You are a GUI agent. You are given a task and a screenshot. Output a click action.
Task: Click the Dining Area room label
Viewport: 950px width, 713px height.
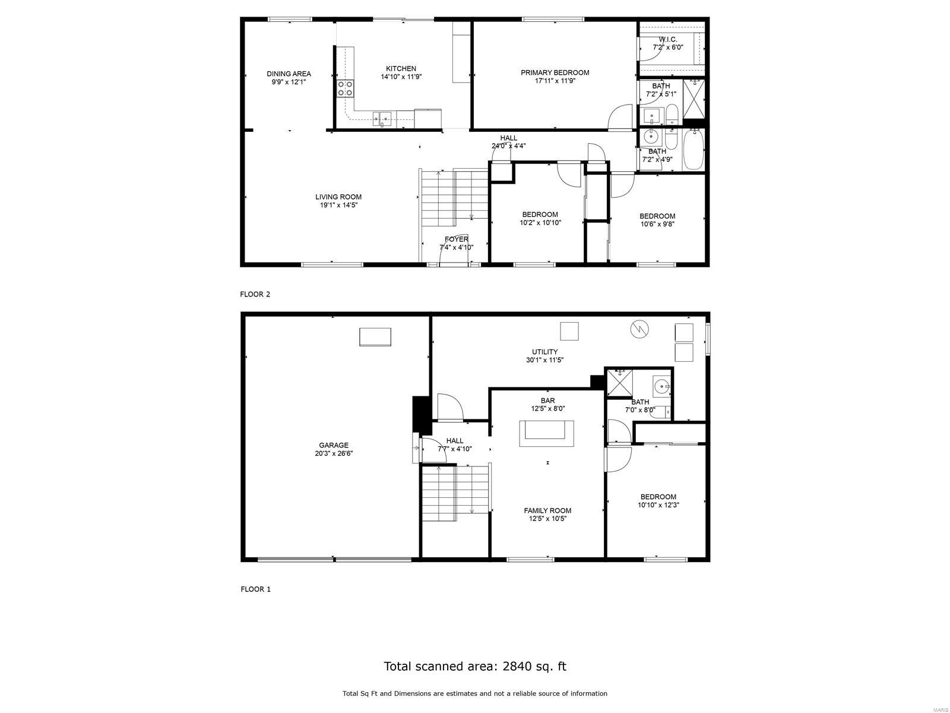pos(289,74)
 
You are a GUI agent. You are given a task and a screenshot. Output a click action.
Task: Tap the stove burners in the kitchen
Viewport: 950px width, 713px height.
pos(346,89)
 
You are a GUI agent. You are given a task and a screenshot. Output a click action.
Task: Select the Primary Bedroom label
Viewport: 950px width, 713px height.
pos(555,73)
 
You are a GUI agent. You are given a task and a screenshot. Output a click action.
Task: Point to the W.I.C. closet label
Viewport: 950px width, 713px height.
pos(667,39)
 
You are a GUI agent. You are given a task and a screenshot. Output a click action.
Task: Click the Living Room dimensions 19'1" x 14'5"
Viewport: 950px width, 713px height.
pos(338,205)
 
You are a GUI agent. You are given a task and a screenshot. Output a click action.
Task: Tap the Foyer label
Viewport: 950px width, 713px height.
pos(456,239)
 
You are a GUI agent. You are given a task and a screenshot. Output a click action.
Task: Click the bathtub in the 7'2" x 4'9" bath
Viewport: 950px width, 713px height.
pos(692,150)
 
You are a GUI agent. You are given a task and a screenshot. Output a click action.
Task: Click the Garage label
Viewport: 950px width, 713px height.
pos(333,445)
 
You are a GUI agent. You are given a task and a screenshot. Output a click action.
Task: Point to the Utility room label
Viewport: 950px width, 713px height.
pos(544,352)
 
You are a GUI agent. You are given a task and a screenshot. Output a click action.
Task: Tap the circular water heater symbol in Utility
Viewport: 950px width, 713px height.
pos(640,328)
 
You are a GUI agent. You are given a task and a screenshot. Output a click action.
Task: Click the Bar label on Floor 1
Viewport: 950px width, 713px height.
pos(547,401)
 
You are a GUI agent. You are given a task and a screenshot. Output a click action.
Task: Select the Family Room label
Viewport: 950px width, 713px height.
pos(547,510)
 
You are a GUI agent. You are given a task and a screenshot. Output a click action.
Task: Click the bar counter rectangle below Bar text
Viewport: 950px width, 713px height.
pos(547,433)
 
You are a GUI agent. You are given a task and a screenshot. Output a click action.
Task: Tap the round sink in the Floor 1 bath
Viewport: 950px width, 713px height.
pos(661,387)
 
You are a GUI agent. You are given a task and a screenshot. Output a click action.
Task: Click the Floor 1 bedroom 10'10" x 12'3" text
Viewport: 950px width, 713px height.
pos(658,505)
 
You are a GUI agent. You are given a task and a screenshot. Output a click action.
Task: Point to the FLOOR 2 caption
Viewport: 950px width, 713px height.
pos(255,294)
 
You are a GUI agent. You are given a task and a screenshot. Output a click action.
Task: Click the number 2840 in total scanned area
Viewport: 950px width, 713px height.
pos(518,666)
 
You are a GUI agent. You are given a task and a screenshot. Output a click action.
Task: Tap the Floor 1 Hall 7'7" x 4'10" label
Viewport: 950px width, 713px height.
pos(454,445)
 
